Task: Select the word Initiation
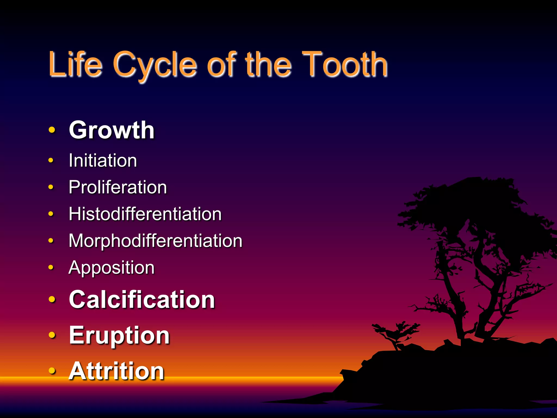(103, 160)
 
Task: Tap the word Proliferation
(118, 187)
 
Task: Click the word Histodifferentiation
(145, 214)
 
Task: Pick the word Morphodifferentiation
(155, 241)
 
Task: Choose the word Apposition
(112, 268)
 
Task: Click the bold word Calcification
(142, 299)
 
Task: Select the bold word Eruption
(119, 335)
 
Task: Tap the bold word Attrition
(116, 371)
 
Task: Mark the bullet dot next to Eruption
(52, 335)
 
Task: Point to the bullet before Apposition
(51, 267)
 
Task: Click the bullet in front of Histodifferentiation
(51, 214)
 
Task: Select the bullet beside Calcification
(52, 299)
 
